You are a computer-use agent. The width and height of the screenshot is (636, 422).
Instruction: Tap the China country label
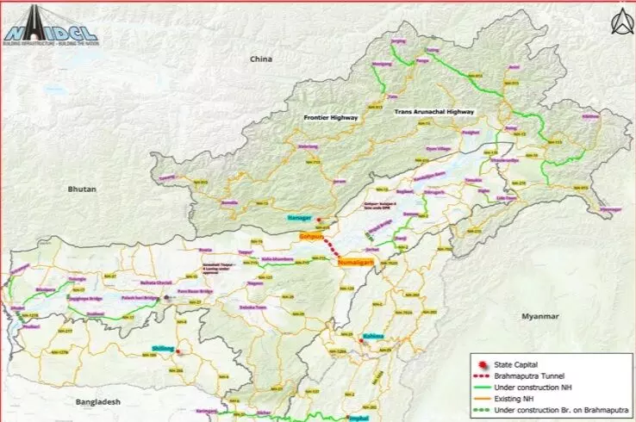[x=260, y=59]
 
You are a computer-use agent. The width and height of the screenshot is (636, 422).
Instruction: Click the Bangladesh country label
[x=96, y=401]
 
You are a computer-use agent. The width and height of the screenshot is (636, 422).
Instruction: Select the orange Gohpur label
[x=311, y=235]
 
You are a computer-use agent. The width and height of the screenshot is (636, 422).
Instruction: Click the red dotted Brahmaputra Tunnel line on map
[x=330, y=248]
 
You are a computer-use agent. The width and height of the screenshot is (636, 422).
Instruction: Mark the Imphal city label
[x=334, y=415]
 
